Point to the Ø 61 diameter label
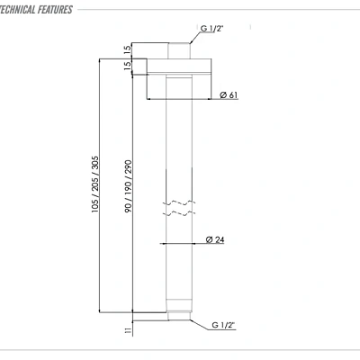[228, 95]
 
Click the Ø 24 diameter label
[214, 239]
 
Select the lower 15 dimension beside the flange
[129, 65]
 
